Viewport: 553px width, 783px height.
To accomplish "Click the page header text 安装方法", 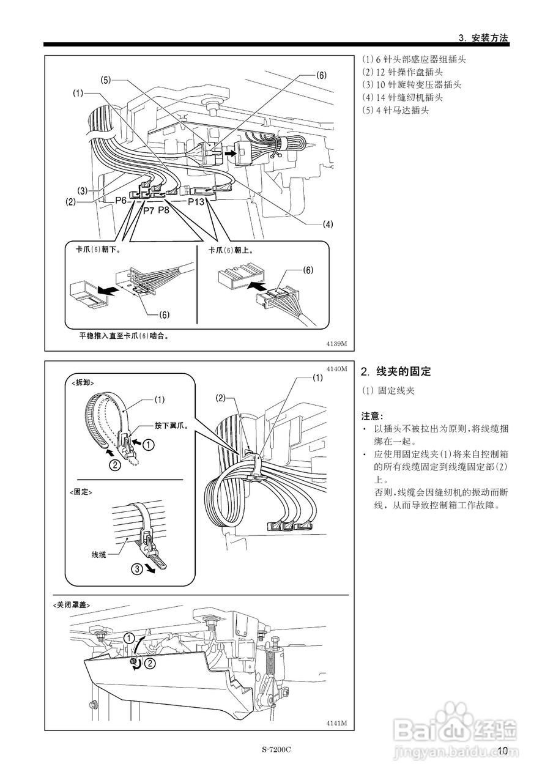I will click(490, 37).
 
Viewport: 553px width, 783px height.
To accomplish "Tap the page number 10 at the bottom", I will click(503, 751).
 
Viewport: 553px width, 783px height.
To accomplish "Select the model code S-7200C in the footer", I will click(276, 750).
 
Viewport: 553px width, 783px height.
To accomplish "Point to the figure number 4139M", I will click(336, 344).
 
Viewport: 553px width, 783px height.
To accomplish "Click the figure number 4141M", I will click(336, 723).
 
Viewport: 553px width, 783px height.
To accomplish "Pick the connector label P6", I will click(121, 201).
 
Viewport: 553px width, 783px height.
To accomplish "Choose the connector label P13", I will click(196, 201).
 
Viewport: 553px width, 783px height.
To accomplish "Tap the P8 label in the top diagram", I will click(165, 210).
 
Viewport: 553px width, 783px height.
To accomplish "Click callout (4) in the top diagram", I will click(328, 224).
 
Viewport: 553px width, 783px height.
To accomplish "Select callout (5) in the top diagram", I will click(106, 80).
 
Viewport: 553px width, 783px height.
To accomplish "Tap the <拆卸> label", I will click(87, 382).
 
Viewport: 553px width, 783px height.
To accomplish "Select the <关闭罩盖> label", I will click(72, 604).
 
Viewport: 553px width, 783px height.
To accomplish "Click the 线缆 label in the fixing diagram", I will click(99, 554).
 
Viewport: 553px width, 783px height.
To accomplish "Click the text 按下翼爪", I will click(171, 424).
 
